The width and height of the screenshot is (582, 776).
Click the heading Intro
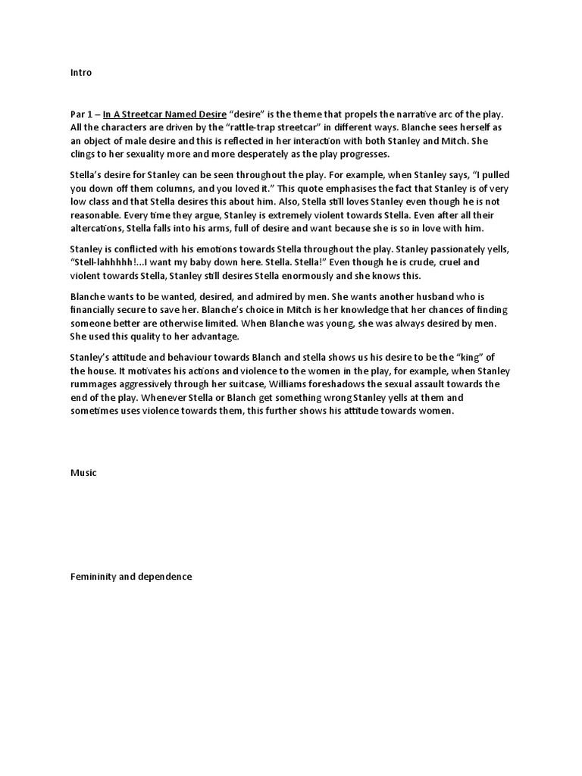[x=80, y=73]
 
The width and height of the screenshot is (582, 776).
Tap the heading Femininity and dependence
[x=130, y=577]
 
